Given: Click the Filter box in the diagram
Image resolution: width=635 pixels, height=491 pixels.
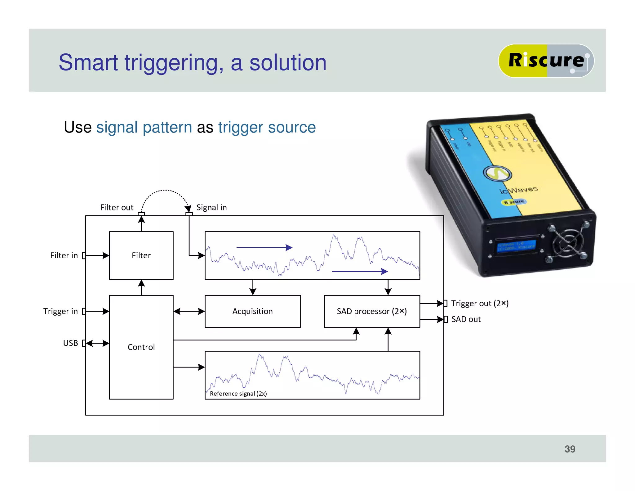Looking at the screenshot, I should point(141,255).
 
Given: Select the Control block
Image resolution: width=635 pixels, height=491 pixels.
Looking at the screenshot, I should point(141,347).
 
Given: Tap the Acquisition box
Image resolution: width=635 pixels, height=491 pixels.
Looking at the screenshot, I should point(252,311).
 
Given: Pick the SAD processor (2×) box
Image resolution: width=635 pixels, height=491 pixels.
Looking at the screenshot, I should point(371,311).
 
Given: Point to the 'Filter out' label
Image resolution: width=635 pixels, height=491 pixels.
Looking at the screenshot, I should point(117,207).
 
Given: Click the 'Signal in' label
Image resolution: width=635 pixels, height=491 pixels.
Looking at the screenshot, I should point(211,207).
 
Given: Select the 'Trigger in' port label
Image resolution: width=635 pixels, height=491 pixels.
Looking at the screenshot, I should point(60,311).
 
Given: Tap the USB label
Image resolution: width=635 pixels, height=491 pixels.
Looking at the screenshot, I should point(70,343).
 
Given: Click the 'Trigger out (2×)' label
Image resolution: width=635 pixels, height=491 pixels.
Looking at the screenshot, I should point(479,303).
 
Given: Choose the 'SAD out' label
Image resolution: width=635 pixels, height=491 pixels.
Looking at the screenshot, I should point(466,319).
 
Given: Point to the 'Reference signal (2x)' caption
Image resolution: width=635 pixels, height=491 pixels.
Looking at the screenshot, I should point(238,394).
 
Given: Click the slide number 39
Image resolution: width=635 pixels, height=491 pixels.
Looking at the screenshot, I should point(570,449).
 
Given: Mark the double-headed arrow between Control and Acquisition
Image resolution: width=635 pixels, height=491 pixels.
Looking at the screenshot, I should point(189,311).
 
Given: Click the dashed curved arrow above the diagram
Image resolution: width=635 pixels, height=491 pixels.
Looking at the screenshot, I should point(165,191).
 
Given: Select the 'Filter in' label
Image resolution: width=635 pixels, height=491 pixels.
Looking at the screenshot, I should point(64,255).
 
